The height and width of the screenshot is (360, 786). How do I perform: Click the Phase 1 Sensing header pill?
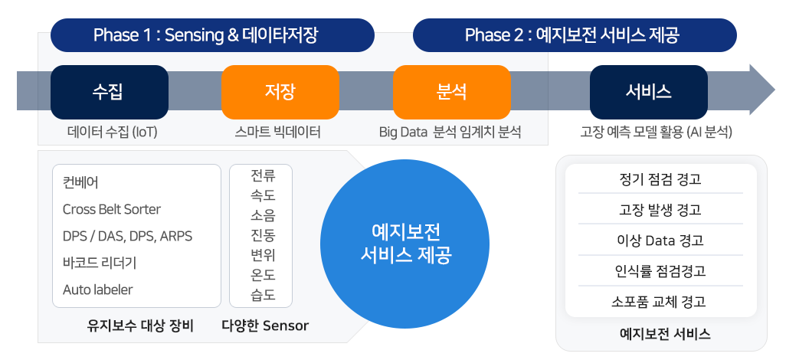tap(212, 35)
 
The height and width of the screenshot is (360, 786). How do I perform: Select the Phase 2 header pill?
tap(575, 35)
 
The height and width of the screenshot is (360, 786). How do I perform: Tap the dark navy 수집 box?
tap(110, 92)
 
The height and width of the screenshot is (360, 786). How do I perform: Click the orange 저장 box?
tap(280, 92)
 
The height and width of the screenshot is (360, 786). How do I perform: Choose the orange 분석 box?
tap(452, 92)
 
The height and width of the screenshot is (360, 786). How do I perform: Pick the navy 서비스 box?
tap(649, 92)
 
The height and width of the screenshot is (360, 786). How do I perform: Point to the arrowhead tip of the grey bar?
tap(775, 90)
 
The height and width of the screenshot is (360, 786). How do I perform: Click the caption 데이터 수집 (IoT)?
tap(113, 133)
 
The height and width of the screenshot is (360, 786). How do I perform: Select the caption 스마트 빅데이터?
tap(278, 133)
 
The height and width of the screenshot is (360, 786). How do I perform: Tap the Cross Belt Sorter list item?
tap(112, 209)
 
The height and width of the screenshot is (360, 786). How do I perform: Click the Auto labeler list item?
tap(98, 290)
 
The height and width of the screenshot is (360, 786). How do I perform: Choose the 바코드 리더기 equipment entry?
tap(100, 263)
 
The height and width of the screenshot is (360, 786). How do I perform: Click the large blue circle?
tap(404, 244)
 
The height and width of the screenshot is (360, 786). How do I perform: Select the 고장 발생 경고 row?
tap(660, 209)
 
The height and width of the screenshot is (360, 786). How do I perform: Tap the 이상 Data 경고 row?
tap(660, 241)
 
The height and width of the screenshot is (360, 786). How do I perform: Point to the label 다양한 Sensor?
tap(265, 326)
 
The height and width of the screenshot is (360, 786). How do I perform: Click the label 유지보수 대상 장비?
tap(140, 326)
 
